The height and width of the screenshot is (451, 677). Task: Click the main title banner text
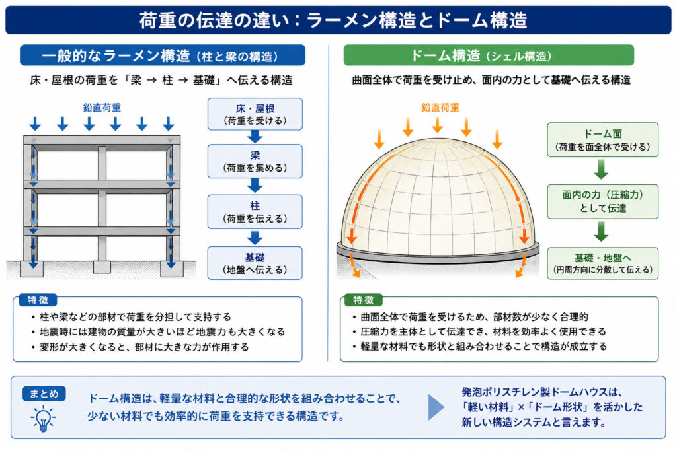[333, 20]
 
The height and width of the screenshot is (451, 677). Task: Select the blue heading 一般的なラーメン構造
[116, 55]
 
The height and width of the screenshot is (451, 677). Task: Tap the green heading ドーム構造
[445, 55]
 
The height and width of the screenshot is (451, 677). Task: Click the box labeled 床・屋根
[255, 114]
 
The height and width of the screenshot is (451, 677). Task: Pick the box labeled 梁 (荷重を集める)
[255, 161]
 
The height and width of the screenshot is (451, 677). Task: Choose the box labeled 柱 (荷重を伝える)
[255, 212]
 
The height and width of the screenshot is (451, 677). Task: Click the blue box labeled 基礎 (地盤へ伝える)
[255, 263]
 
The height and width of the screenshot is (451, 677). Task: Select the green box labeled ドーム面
[603, 140]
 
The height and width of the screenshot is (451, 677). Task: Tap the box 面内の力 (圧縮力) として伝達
[603, 201]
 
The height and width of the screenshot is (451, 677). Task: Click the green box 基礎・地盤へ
[603, 263]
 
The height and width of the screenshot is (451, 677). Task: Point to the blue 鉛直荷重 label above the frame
[102, 108]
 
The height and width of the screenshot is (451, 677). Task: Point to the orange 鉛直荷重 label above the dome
[440, 108]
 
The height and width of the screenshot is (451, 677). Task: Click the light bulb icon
[43, 418]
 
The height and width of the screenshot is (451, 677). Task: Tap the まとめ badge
[44, 394]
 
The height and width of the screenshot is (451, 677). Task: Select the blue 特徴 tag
[38, 300]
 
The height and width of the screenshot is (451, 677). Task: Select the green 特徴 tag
[363, 300]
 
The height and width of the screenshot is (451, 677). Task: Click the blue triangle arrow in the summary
[436, 407]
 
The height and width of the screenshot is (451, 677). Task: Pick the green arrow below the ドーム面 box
[601, 170]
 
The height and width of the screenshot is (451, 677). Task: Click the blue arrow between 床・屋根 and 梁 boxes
[255, 137]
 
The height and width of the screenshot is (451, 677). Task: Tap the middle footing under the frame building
[102, 267]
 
